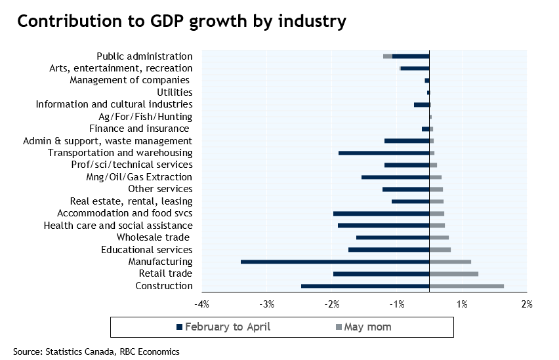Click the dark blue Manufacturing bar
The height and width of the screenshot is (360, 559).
pos(335,262)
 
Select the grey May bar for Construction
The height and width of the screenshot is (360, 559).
pos(466,286)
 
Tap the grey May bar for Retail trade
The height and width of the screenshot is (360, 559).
pos(453,274)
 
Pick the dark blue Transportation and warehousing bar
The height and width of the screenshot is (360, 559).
pos(384,153)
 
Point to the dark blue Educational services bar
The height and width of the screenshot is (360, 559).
pos(388,250)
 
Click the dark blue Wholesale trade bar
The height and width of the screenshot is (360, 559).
pos(392,237)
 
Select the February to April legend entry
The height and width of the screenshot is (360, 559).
pos(224,327)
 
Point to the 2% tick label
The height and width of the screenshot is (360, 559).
pos(526,304)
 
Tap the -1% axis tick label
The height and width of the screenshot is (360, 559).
pos(397,304)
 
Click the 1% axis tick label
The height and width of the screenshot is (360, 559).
pos(462,304)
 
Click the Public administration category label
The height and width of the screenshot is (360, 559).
pos(144,56)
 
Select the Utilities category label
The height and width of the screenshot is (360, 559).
pos(170,92)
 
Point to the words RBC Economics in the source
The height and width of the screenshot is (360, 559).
pos(150,351)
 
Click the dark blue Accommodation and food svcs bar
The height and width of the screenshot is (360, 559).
pos(381,213)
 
